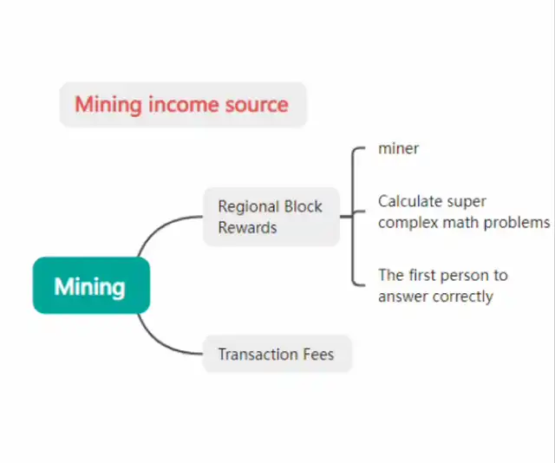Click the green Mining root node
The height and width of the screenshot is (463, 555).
pyautogui.click(x=91, y=285)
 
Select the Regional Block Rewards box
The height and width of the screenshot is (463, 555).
pyautogui.click(x=271, y=217)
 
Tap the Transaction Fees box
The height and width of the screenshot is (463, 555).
pyautogui.click(x=277, y=354)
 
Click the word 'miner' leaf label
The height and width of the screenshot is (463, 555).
pyautogui.click(x=399, y=148)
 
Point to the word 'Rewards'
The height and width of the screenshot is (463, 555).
pyautogui.click(x=247, y=228)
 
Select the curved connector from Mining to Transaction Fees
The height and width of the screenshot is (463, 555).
pyautogui.click(x=161, y=341)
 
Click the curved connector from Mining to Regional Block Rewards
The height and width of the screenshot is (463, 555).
pyautogui.click(x=161, y=229)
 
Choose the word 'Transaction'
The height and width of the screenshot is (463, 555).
pyautogui.click(x=258, y=354)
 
